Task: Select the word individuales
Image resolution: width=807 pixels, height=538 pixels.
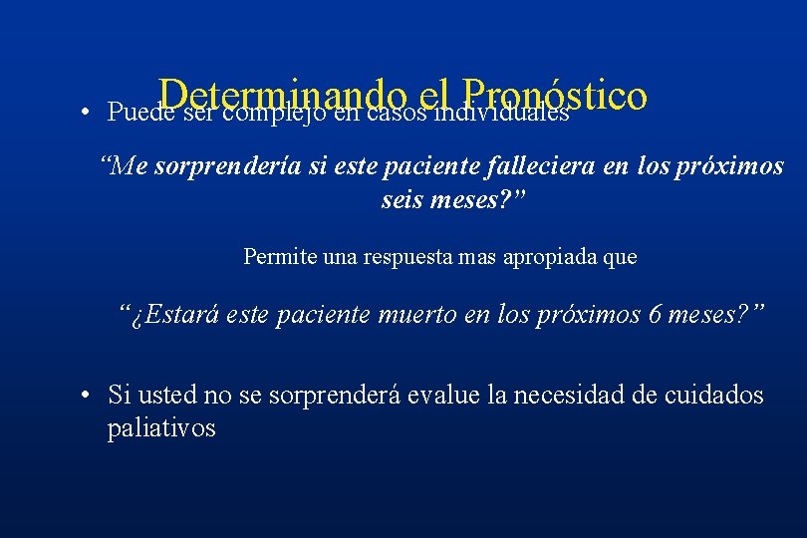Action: [506, 112]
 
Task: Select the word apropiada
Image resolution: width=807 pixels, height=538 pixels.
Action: [555, 257]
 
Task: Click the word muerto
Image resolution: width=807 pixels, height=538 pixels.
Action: [410, 317]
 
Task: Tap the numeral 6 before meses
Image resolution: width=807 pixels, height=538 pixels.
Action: [655, 317]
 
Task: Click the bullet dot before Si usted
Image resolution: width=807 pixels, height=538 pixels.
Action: [89, 395]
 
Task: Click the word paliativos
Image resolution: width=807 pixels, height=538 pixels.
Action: [161, 429]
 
